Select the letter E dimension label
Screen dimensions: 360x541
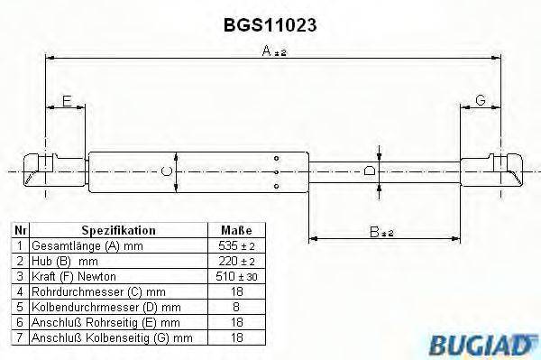point(65,102)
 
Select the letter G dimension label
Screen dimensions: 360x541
point(481,102)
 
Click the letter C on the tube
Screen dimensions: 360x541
point(164,170)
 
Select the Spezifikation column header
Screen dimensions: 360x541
point(119,230)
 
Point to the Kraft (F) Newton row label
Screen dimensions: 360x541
point(70,275)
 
